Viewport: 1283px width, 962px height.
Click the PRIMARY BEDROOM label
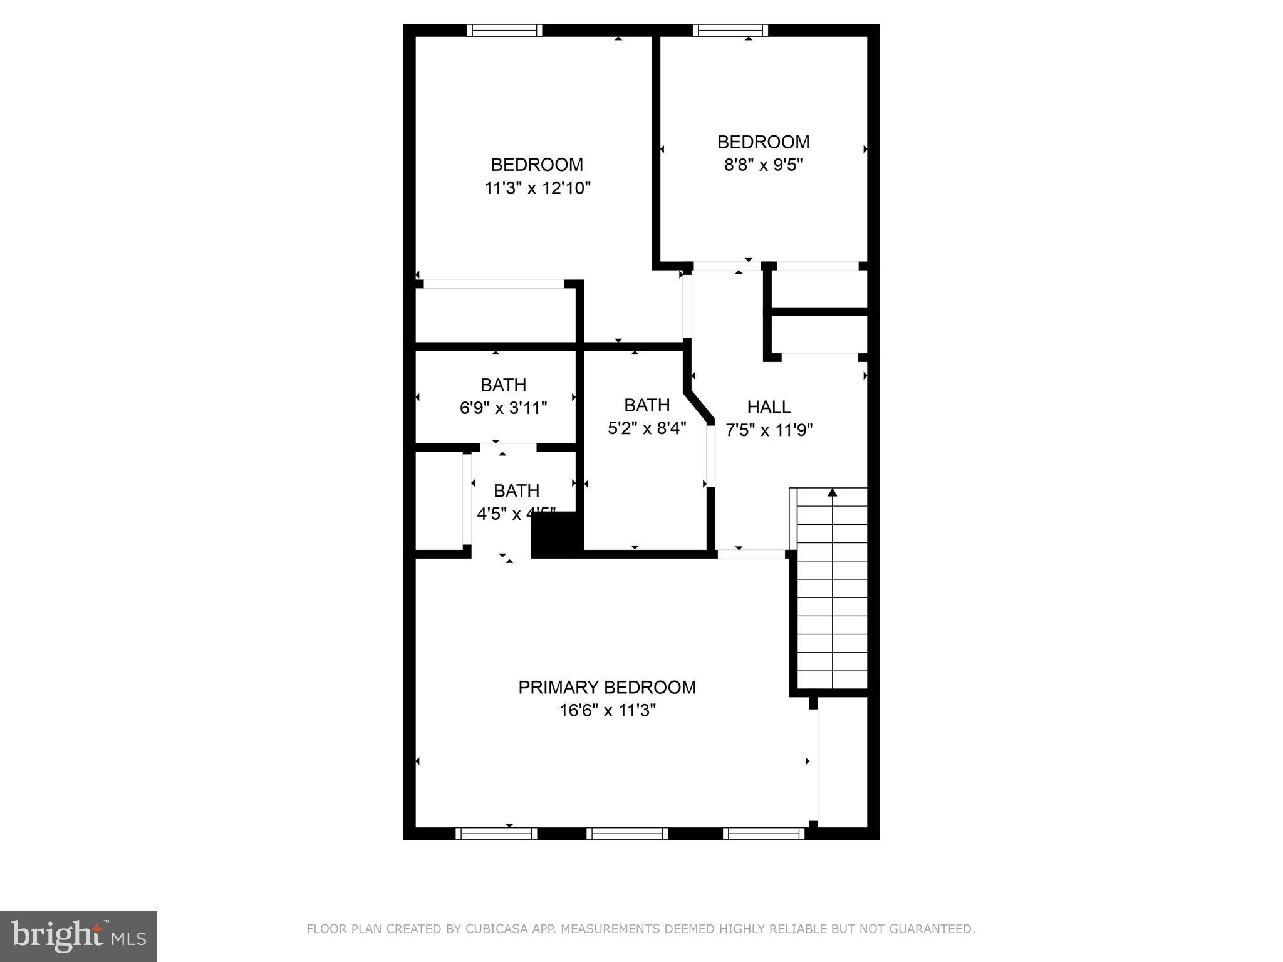coord(606,687)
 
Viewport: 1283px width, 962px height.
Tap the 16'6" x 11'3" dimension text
coord(607,710)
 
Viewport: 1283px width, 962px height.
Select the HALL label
coord(769,407)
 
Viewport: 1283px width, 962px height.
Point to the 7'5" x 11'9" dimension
coord(769,430)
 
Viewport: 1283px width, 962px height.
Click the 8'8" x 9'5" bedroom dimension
coord(763,165)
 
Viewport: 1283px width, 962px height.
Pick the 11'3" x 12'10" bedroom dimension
coord(537,188)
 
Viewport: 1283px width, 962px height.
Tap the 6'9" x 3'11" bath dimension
coord(503,408)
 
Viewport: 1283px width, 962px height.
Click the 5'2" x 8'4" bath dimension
coord(647,428)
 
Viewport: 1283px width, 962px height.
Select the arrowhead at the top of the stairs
coord(832,493)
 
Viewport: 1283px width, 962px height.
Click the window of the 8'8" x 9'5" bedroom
coord(730,30)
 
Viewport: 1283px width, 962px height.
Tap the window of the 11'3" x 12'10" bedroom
coord(504,30)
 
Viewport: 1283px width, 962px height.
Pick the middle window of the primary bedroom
coord(627,833)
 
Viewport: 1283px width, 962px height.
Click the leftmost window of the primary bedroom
coord(496,833)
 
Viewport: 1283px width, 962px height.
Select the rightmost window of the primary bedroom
coord(763,833)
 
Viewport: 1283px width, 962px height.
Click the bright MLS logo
coord(78,936)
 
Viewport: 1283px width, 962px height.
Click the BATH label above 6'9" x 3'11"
coord(503,385)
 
